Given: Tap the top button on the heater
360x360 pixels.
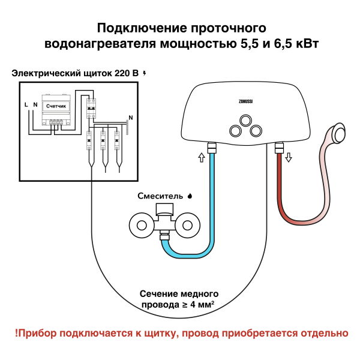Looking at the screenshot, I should (x=245, y=120).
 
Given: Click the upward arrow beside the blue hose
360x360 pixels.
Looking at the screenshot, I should (x=201, y=158).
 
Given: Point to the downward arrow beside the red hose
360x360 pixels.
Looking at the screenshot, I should (x=289, y=158).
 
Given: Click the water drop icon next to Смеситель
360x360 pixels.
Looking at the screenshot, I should (x=190, y=195).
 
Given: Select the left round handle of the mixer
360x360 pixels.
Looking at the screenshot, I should (x=142, y=226).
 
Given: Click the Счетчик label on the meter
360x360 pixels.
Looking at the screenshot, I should (x=56, y=106).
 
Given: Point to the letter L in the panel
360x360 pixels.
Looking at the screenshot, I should (x=26, y=104).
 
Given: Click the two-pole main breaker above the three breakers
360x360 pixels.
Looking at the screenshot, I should (x=91, y=108).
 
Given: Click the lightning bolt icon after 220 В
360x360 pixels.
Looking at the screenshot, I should (x=144, y=73).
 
